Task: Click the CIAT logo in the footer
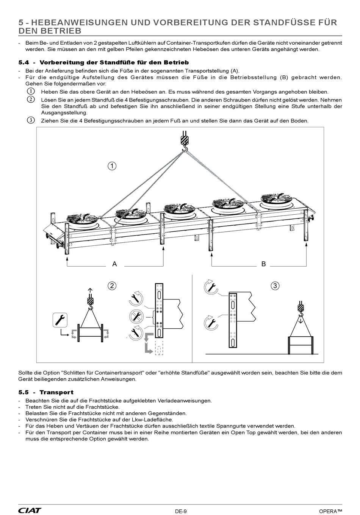point(30,510)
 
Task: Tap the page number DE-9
point(180,511)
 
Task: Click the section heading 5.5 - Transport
point(45,392)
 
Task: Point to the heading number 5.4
point(24,62)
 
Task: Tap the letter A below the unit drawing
point(114,264)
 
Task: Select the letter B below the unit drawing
point(264,264)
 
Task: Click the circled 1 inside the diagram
point(111,166)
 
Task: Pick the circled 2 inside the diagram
point(112,286)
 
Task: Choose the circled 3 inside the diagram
point(275,286)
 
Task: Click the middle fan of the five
point(179,209)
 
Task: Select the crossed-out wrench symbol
point(136,315)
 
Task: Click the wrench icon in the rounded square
point(60,320)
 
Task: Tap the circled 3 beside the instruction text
point(31,120)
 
